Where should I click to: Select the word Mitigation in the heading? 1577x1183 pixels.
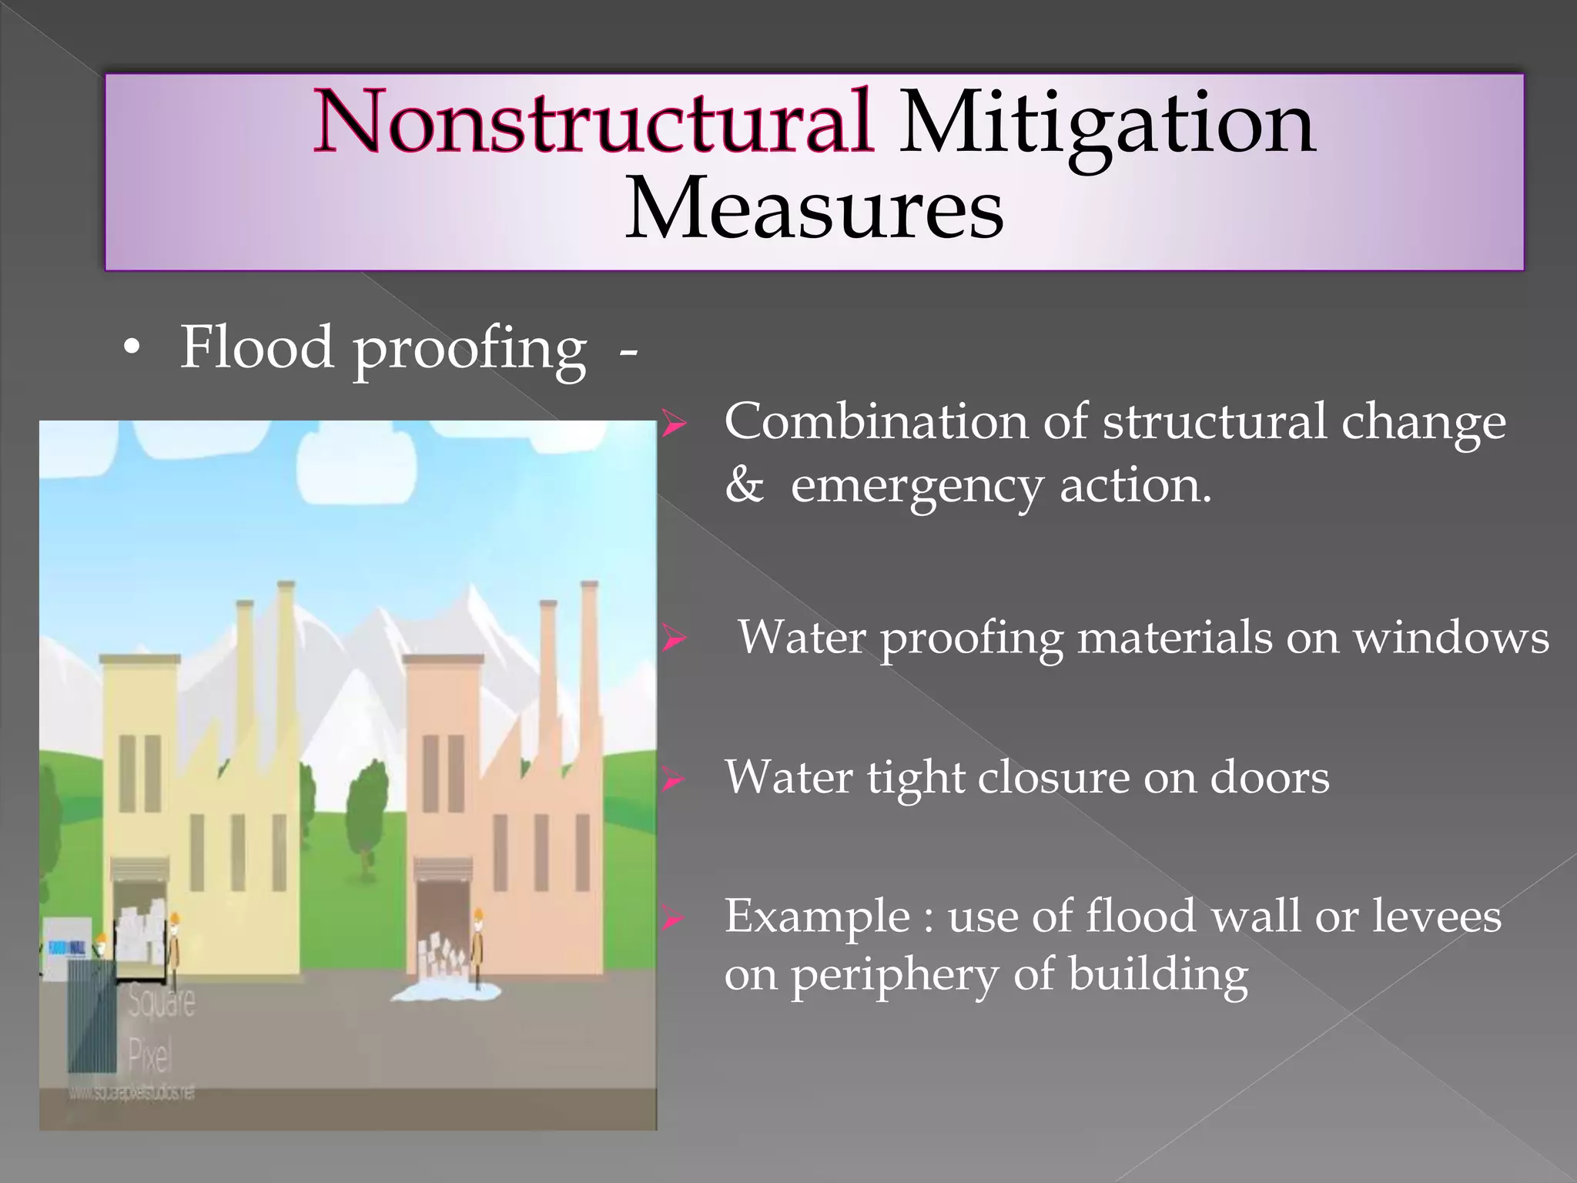[x=1107, y=123]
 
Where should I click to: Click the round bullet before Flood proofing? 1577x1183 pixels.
[x=132, y=349]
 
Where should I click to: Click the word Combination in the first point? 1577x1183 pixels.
[x=876, y=421]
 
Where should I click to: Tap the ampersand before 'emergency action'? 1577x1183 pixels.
[x=743, y=485]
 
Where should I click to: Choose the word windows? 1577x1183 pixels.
[x=1451, y=638]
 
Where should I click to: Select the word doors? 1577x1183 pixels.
[x=1270, y=777]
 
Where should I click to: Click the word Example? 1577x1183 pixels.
[x=817, y=916]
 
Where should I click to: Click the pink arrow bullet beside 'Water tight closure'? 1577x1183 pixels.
[x=673, y=780]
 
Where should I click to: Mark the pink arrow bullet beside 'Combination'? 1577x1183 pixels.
[x=673, y=424]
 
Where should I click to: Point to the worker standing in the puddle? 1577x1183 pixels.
[x=479, y=947]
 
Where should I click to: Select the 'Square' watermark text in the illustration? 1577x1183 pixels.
[x=162, y=1001]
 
